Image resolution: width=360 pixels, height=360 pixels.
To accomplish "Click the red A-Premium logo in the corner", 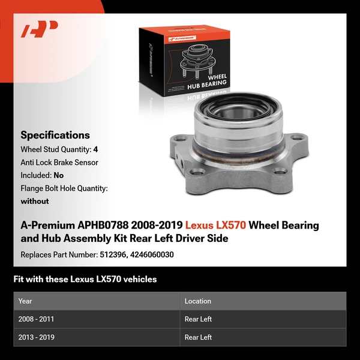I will pos(40,28).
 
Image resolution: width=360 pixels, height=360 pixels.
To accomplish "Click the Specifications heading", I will pos(55,135).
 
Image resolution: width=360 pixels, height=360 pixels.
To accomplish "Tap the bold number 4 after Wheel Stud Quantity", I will pos(96,149).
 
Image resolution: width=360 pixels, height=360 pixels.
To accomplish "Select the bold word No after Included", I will pos(58,176).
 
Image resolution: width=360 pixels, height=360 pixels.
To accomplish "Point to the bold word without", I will pos(35,202).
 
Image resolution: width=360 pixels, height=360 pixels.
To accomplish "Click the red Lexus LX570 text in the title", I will pos(215,226).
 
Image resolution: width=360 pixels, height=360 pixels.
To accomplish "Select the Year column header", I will pos(25,301).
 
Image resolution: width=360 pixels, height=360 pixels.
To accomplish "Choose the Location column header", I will pos(197,301).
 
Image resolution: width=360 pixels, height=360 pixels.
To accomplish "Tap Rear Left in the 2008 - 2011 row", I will pos(198,319).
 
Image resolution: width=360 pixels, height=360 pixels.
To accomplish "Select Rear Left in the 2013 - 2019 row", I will pos(198,337).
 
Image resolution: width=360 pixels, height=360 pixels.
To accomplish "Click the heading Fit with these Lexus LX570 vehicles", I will pos(85,279).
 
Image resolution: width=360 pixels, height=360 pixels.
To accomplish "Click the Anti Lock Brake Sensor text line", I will pos(59,163).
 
